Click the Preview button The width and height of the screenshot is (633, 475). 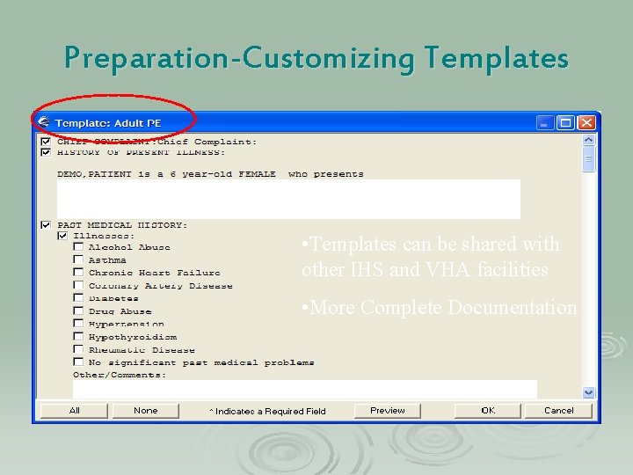tap(388, 411)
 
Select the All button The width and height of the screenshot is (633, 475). tap(75, 411)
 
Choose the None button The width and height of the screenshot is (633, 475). tap(146, 411)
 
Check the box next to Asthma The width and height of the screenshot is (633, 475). tap(78, 260)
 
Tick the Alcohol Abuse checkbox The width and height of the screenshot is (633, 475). tap(78, 248)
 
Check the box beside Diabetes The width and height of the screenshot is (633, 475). tap(78, 298)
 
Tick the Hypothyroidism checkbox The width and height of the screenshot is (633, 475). tap(78, 337)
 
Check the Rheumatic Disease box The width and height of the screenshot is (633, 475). tap(78, 349)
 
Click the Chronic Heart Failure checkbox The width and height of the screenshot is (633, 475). tap(78, 273)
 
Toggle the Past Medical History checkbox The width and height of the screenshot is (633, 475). tap(46, 225)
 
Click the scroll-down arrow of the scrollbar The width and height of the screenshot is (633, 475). tap(589, 392)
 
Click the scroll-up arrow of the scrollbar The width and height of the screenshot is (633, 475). tap(589, 139)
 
